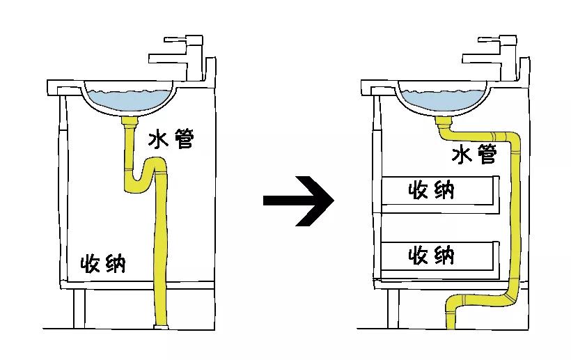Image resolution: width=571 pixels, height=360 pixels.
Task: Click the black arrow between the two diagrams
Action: (299, 201)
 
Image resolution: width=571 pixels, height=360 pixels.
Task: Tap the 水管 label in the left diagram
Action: (171, 139)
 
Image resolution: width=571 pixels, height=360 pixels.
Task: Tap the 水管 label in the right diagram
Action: (474, 154)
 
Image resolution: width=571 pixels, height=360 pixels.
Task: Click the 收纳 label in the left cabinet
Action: (103, 263)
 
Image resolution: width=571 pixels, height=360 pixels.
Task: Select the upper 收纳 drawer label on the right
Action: (432, 190)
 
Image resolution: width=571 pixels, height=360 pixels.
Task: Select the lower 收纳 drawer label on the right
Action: (432, 255)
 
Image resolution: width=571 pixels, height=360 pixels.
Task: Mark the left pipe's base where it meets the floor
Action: (162, 327)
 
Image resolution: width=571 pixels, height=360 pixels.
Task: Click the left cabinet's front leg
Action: (79, 308)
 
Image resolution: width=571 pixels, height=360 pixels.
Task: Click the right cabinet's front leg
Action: (393, 308)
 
